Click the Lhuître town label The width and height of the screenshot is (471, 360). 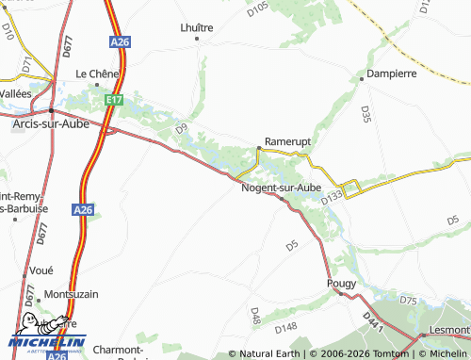(x=197, y=27)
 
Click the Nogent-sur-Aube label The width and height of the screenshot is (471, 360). (x=282, y=188)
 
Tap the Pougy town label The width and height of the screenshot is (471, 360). (x=340, y=283)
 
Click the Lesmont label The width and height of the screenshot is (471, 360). (x=449, y=331)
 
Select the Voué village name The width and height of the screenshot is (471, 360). (x=41, y=270)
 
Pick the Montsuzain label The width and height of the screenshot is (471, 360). (x=71, y=294)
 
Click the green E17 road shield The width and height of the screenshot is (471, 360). (x=114, y=98)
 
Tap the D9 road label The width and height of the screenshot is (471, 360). (x=181, y=126)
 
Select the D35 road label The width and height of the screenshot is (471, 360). (x=365, y=114)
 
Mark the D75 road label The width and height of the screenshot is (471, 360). (x=408, y=300)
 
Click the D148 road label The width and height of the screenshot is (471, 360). (x=285, y=327)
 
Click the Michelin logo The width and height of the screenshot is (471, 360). (x=47, y=340)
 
